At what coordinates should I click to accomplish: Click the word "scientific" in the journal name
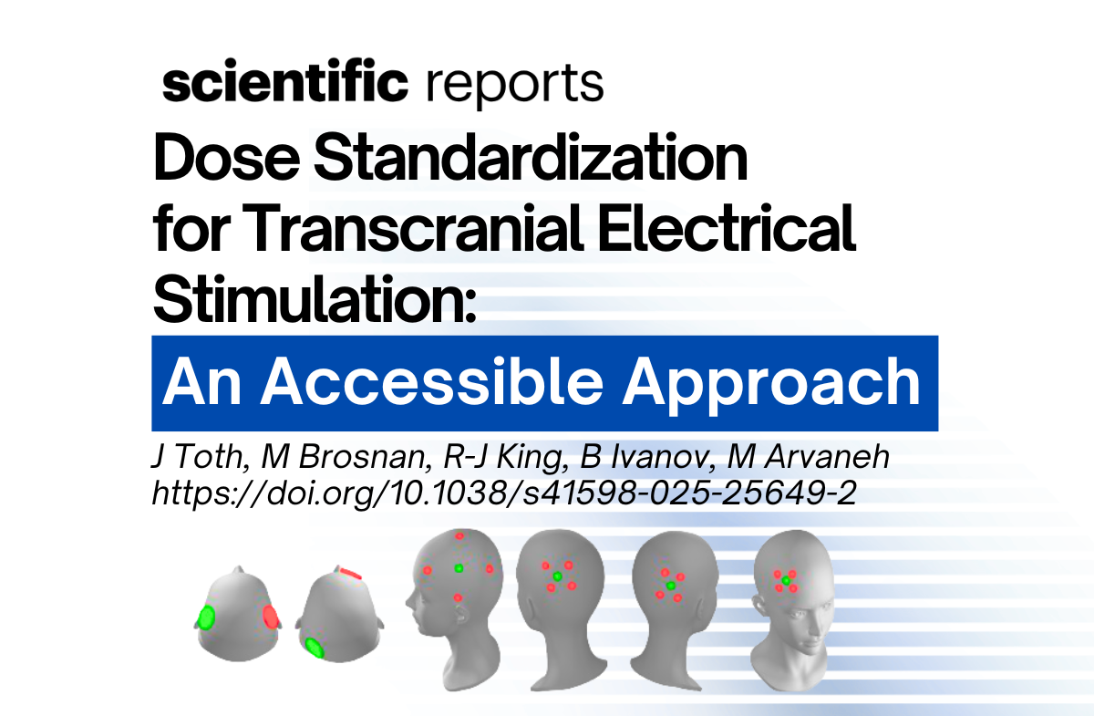(284, 84)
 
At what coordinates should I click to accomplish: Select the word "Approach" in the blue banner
(776, 383)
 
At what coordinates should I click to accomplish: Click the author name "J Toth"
(191, 459)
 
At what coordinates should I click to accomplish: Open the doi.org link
(502, 493)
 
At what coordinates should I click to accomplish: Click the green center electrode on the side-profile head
(459, 567)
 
